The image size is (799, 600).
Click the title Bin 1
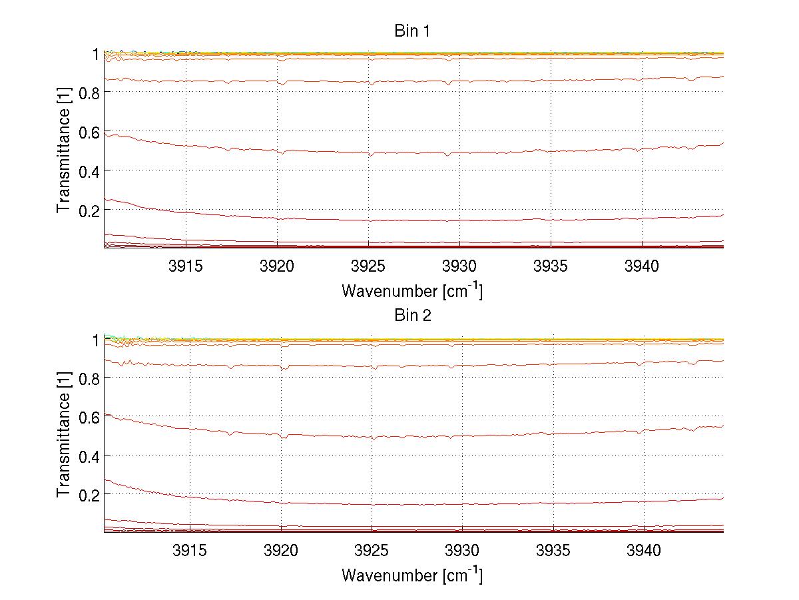(413, 31)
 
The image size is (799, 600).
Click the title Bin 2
(413, 316)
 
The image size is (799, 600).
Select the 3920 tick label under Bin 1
(277, 266)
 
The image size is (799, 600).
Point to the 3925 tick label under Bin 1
(368, 266)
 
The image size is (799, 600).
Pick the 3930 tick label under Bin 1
(459, 266)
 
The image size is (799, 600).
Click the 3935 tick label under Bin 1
(551, 266)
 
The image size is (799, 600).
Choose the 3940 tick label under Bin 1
(642, 266)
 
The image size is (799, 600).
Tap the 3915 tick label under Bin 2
(190, 551)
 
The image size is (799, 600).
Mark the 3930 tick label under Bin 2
(462, 551)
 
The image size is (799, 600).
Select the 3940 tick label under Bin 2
(644, 551)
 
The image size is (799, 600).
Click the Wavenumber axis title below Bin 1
(412, 290)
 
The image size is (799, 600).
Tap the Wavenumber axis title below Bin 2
(412, 575)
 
